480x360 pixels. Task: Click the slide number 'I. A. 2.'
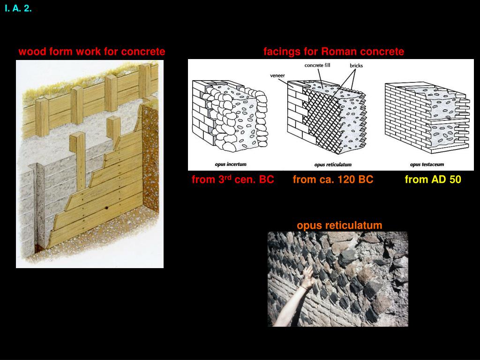(18, 8)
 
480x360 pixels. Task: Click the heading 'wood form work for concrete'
(91, 52)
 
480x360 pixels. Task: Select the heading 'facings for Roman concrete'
(333, 52)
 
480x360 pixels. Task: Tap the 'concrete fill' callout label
(317, 65)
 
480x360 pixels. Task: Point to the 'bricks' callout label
(356, 66)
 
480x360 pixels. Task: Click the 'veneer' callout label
(277, 75)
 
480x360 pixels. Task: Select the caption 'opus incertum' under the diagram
(231, 165)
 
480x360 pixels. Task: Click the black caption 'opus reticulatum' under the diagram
(333, 165)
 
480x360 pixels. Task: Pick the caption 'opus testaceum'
(427, 165)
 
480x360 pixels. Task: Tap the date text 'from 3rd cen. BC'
(232, 180)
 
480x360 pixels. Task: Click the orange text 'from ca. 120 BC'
(333, 180)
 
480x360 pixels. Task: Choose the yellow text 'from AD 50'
(433, 180)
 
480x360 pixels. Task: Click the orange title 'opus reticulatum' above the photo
(339, 225)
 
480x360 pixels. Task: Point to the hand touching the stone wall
(307, 277)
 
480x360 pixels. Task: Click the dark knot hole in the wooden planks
(107, 208)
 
